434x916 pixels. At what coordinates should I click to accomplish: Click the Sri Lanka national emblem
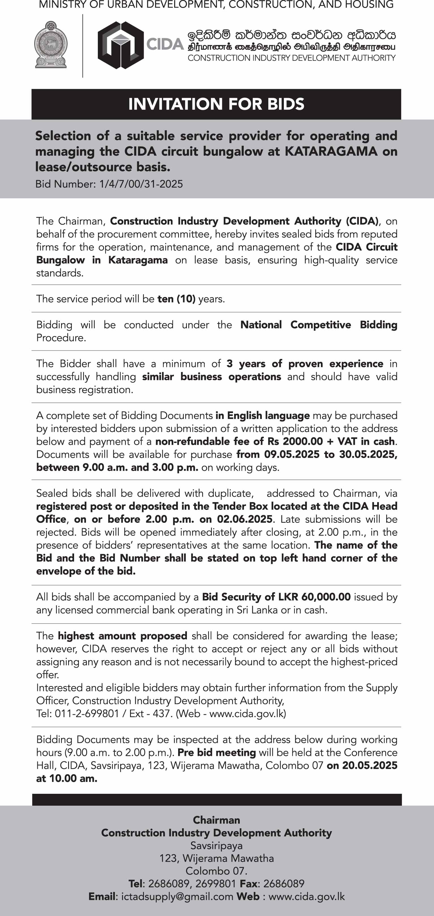51,44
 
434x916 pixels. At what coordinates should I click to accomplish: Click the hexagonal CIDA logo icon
120,45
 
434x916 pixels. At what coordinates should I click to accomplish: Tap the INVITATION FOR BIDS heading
216,104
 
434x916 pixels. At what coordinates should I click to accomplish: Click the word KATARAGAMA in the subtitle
331,151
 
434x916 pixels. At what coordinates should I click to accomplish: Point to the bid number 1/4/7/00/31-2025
141,184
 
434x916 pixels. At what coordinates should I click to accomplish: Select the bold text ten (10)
176,299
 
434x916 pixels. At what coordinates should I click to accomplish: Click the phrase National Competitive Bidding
318,325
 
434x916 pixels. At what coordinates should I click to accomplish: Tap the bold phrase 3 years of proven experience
305,364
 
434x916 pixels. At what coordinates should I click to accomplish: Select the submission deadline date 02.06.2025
245,519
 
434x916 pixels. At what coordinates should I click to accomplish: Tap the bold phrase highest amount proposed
123,636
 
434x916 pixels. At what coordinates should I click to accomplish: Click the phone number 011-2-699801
87,714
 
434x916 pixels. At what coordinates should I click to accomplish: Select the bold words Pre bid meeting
217,752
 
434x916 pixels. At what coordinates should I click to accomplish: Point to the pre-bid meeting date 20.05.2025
370,766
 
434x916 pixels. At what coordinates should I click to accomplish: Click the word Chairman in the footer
217,820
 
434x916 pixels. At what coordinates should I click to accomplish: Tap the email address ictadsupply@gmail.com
177,896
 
